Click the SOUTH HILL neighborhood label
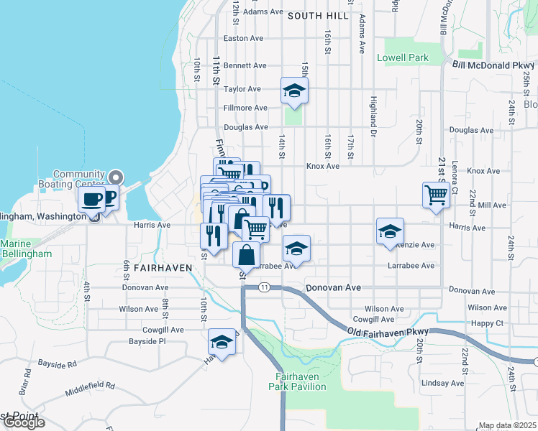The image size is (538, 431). [x=317, y=15]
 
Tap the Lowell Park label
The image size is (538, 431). [x=403, y=57]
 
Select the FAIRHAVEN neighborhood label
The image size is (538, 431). [x=163, y=267]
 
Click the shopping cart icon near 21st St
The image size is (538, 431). [x=437, y=194]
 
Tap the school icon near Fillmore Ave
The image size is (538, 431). [x=294, y=91]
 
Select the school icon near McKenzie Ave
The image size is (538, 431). [x=390, y=231]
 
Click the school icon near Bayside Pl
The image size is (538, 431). [x=222, y=343]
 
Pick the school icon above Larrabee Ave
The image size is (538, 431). [x=296, y=249]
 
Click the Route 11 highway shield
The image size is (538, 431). [x=265, y=287]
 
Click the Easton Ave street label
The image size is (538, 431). [x=243, y=38]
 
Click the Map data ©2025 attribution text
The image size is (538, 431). [x=507, y=425]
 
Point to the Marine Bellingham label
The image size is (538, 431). [x=26, y=249]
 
